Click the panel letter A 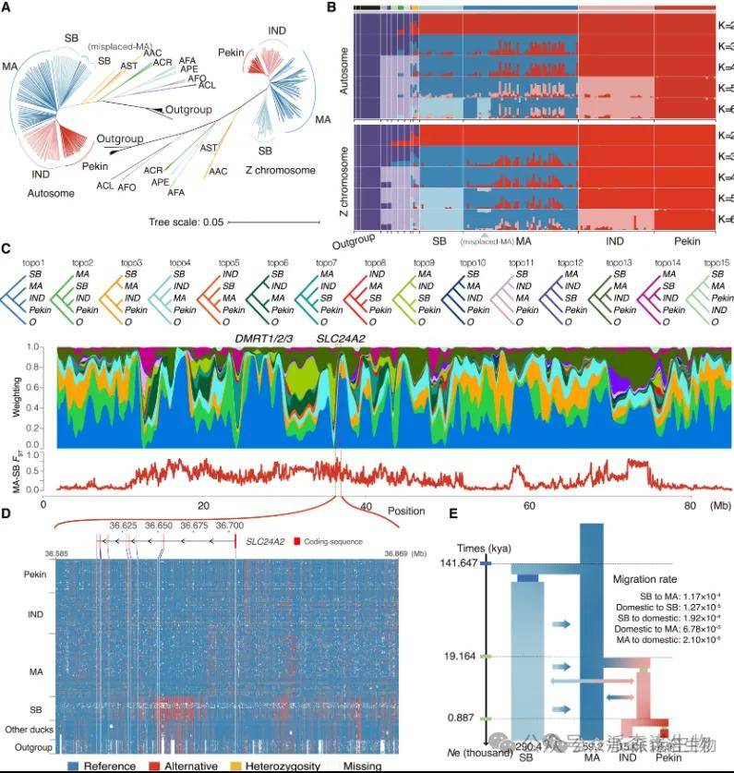(6, 8)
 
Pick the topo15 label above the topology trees (716, 262)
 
